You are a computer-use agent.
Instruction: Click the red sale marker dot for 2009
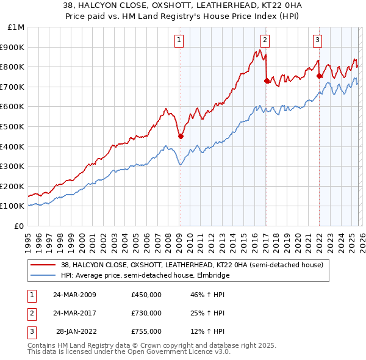181,137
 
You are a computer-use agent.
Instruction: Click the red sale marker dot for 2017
267,81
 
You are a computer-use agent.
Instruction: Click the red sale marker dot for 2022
319,76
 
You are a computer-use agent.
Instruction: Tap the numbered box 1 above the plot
179,41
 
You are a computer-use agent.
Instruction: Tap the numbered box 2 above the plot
265,41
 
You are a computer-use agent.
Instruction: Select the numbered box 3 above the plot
318,41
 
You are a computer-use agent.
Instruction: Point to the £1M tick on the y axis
16,27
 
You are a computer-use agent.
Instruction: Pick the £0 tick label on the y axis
20,226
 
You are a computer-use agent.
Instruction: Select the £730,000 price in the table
146,313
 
